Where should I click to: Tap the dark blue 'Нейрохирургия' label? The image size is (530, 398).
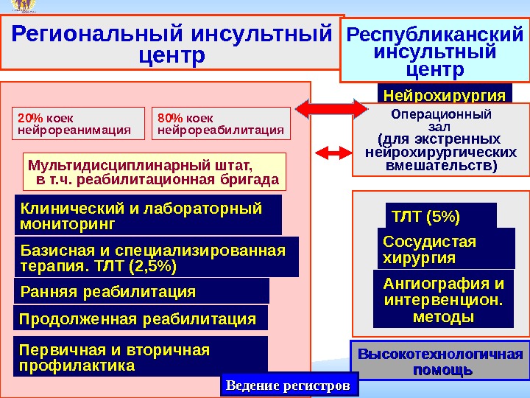[445, 95]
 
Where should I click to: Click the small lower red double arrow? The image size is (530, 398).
[332, 153]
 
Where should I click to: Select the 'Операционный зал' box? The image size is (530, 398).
[440, 140]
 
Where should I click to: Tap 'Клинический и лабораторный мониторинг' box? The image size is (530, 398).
[148, 214]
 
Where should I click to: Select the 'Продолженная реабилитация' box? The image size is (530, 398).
[141, 318]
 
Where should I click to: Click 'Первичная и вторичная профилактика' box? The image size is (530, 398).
[141, 357]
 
